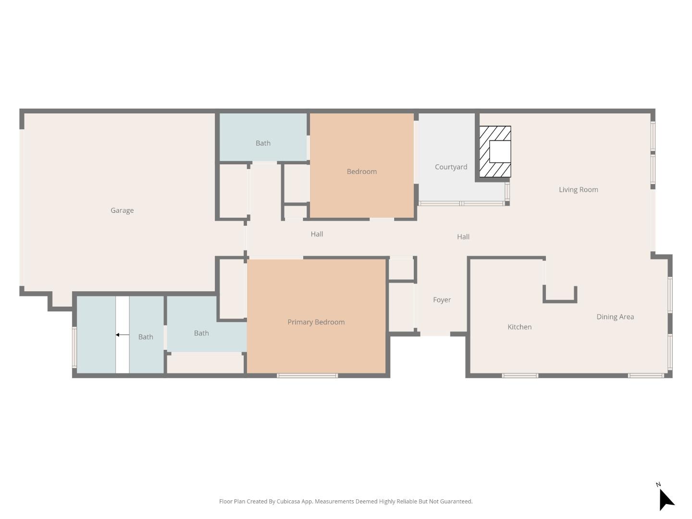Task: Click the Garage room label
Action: pos(122,210)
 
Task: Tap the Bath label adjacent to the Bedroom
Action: pos(263,143)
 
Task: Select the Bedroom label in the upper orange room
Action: pos(361,172)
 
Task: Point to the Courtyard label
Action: pos(451,167)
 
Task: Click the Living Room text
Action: pos(578,190)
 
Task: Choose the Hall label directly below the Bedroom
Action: pos(317,234)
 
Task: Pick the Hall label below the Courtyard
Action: pos(463,237)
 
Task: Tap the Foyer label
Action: pos(442,300)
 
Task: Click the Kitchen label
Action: pos(519,327)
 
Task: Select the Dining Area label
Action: pos(615,317)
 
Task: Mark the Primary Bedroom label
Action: pos(316,322)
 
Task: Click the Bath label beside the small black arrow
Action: pos(146,337)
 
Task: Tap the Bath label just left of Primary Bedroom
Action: pos(201,333)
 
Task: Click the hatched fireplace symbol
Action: pos(495,151)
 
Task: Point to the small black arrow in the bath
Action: pos(122,335)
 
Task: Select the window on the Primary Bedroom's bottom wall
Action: pos(307,375)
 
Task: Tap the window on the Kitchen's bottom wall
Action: pos(520,375)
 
